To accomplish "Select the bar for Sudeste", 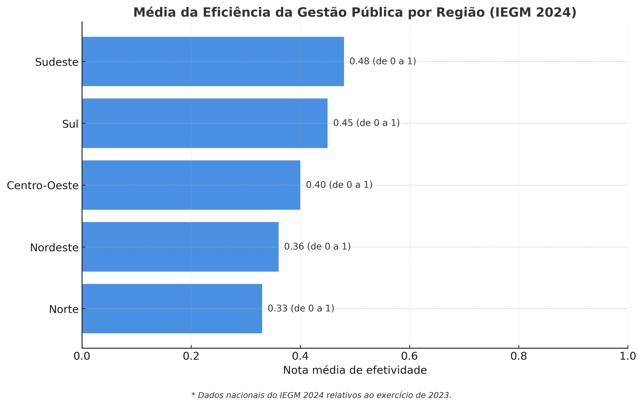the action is (213, 61).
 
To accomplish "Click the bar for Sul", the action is (205, 123).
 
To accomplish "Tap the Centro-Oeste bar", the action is (191, 185).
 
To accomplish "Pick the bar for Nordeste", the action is (180, 247).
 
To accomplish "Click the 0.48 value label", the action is (383, 61).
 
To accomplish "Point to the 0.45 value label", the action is (366, 123).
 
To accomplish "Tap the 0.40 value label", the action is (339, 185).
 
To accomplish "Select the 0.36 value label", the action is (317, 247).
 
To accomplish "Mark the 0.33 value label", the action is (301, 309).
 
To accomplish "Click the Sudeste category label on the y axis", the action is (57, 62).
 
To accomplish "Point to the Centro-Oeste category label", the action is (43, 185).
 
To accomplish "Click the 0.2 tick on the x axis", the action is (191, 356).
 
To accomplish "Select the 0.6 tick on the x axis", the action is (410, 356).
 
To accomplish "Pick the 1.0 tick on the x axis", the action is (628, 356).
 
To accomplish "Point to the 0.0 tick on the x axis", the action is (82, 356).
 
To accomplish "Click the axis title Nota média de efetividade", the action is (355, 370).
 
